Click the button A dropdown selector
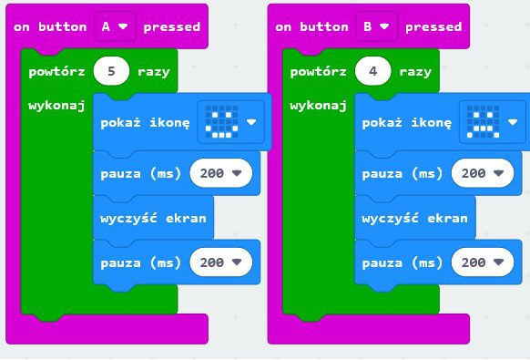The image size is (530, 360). pyautogui.click(x=115, y=26)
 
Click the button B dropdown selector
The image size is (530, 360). pyautogui.click(x=376, y=26)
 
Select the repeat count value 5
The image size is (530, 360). pyautogui.click(x=111, y=71)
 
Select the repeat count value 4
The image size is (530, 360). pyautogui.click(x=373, y=71)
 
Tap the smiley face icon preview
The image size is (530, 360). pyautogui.click(x=231, y=122)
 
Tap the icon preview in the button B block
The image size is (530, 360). pyautogui.click(x=493, y=122)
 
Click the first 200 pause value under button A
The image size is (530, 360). pyautogui.click(x=221, y=173)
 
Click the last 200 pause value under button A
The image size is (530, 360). pyautogui.click(x=221, y=262)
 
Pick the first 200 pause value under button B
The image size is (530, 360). pyautogui.click(x=483, y=173)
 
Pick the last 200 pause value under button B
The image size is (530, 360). pyautogui.click(x=483, y=262)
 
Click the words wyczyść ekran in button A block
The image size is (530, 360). pyautogui.click(x=153, y=218)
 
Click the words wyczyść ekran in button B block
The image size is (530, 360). pyautogui.click(x=414, y=218)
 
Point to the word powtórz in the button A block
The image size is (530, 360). pyautogui.click(x=56, y=72)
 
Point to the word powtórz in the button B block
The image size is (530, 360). pyautogui.click(x=319, y=72)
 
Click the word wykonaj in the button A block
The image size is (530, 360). pyautogui.click(x=56, y=106)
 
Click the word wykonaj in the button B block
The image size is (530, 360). pyautogui.click(x=318, y=106)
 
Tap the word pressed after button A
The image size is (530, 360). pyautogui.click(x=172, y=27)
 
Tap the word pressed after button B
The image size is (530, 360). pyautogui.click(x=433, y=27)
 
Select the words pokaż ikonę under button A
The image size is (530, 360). pyautogui.click(x=145, y=122)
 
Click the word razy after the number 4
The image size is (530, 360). pyautogui.click(x=415, y=72)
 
